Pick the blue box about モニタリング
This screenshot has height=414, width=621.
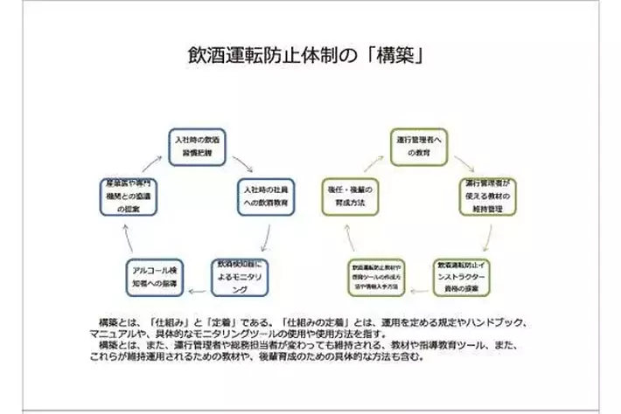pyautogui.click(x=241, y=274)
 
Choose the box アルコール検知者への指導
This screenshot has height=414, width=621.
pyautogui.click(x=154, y=274)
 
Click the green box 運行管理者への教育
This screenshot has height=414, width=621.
pyautogui.click(x=417, y=146)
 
